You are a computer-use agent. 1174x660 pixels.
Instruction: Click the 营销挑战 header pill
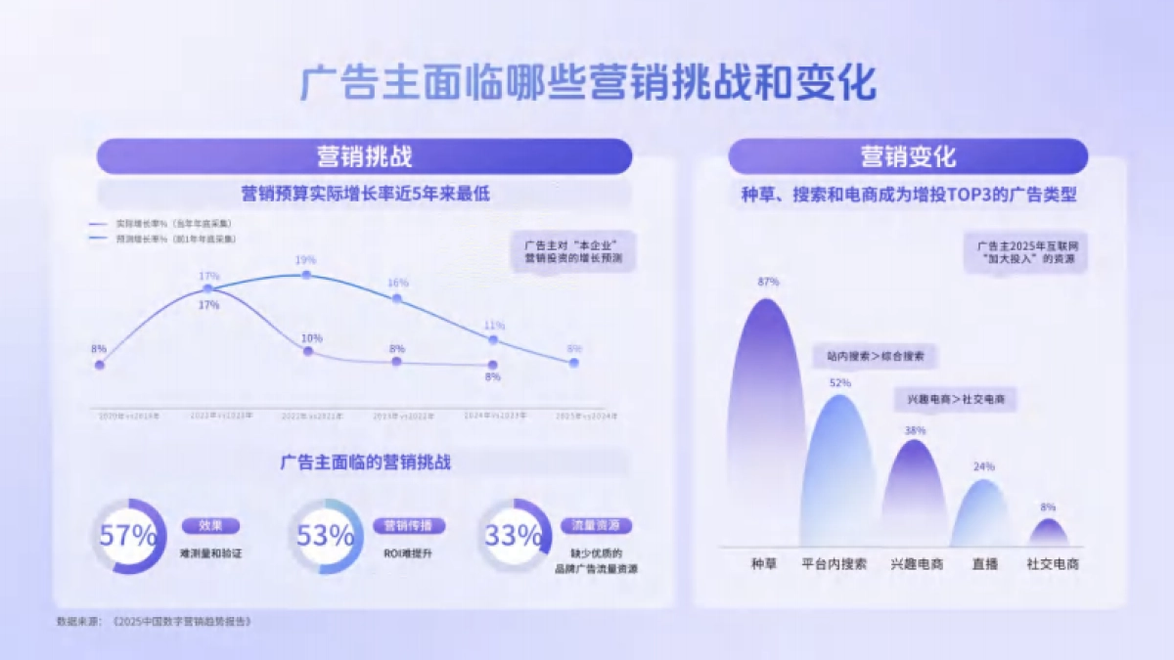[x=364, y=156]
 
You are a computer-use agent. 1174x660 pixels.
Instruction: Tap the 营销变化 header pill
[x=908, y=156]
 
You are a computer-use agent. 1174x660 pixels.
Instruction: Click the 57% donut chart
[x=128, y=536]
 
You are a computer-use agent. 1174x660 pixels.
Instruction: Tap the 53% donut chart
[x=326, y=536]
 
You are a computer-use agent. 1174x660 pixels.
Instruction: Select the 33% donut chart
[x=514, y=536]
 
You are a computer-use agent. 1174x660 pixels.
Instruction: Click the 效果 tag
[x=210, y=526]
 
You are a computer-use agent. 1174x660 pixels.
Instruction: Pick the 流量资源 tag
[x=596, y=526]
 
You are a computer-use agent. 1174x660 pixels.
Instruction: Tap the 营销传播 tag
[x=408, y=526]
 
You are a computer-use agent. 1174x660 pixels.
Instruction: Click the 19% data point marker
[x=306, y=276]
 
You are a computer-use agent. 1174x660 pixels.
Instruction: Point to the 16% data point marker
[x=397, y=297]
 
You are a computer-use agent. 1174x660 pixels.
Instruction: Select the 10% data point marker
[x=308, y=350]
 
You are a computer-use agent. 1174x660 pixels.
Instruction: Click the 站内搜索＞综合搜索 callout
[x=875, y=356]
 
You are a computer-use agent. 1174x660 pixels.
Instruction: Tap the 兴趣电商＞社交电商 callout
[x=956, y=400]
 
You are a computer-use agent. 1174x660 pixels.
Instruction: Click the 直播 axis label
[x=985, y=564]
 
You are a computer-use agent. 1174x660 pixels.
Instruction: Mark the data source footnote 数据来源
[x=154, y=621]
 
